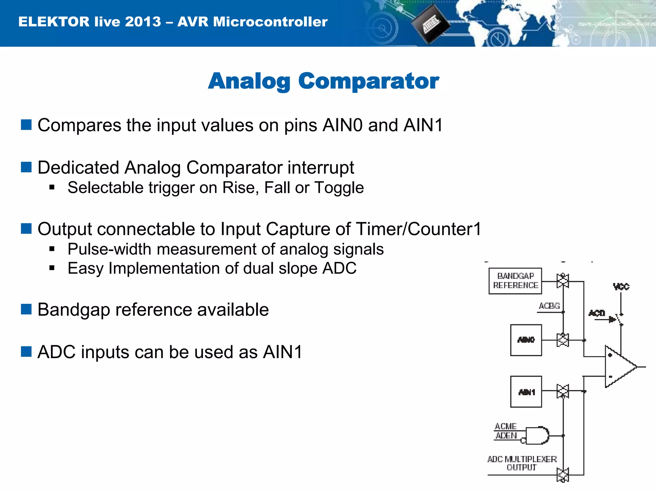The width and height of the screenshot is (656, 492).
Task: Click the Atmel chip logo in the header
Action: point(430,24)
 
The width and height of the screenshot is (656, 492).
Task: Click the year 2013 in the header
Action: point(143,22)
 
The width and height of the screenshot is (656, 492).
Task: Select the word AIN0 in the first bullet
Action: point(342,125)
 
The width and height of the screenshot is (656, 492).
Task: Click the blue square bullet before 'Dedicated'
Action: point(26,167)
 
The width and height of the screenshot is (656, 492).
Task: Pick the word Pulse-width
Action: point(109,249)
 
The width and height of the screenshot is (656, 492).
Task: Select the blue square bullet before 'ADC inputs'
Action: point(26,352)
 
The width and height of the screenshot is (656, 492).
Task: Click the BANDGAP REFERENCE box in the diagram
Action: point(515,281)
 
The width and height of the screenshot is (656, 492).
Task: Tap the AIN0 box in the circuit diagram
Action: point(526,340)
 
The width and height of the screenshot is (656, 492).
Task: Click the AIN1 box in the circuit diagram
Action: point(526,392)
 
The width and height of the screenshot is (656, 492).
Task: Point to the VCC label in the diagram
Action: point(621,286)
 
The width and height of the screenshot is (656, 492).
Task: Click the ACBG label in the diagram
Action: point(549,306)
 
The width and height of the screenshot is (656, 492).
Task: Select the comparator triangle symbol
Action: point(618,366)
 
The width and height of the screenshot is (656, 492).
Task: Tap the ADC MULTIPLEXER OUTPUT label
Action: point(522,463)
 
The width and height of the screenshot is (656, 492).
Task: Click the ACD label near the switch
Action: point(597,313)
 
